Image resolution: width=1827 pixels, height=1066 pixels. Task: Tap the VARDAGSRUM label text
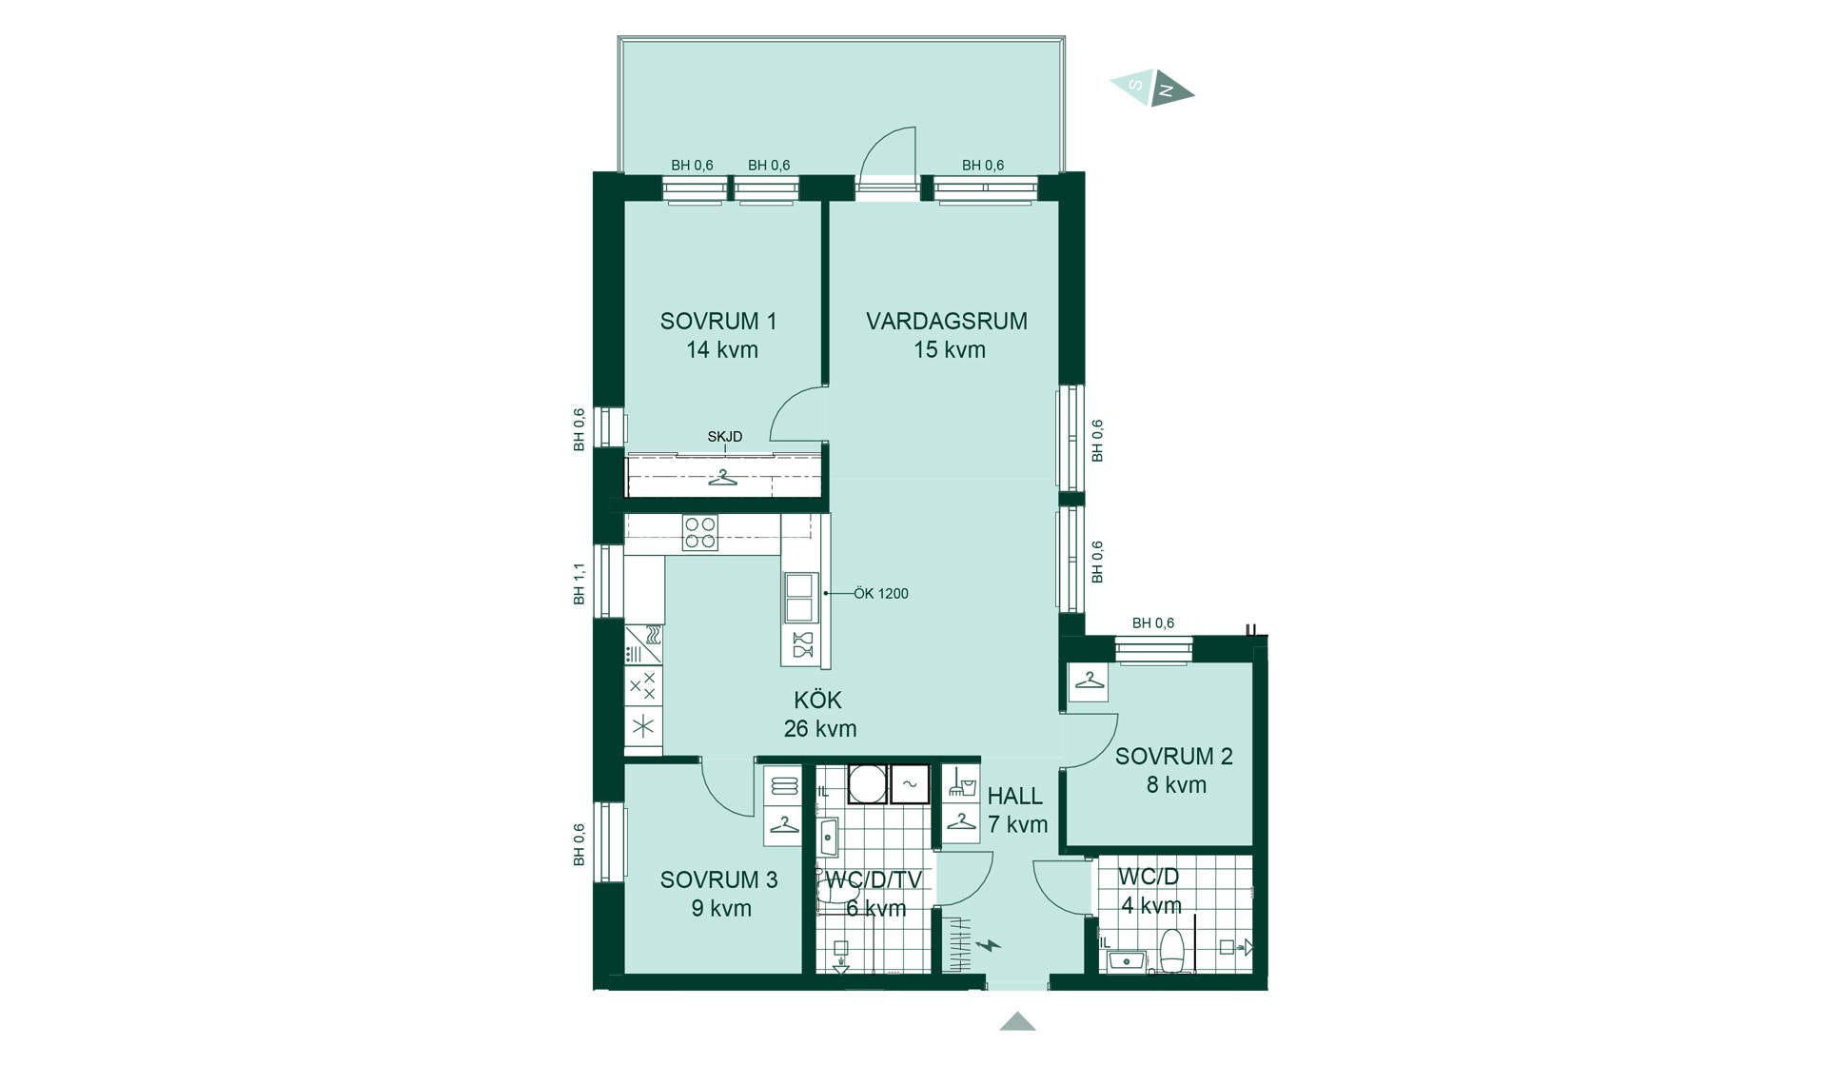947,322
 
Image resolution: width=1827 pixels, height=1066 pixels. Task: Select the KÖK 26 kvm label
819,715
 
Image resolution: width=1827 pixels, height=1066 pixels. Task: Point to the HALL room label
1014,797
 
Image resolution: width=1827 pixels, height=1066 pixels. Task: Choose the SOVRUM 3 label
718,880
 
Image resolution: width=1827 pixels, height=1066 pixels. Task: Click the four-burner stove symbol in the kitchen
700,533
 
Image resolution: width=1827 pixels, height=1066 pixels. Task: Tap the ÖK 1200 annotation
880,594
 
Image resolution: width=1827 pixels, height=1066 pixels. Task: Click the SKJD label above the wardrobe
724,437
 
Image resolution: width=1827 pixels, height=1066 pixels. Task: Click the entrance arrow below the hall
1017,1021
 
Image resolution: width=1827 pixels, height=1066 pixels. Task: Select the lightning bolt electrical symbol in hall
989,945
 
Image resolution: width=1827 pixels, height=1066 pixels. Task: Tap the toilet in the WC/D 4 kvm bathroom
1171,952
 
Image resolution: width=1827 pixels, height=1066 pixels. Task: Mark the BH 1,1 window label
579,583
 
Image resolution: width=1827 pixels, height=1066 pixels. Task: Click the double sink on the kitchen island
799,598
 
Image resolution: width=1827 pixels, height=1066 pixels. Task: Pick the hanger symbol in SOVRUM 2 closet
1089,681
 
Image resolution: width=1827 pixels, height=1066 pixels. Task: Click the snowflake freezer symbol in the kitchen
643,727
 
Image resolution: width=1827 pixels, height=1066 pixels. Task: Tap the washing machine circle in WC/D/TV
867,784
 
